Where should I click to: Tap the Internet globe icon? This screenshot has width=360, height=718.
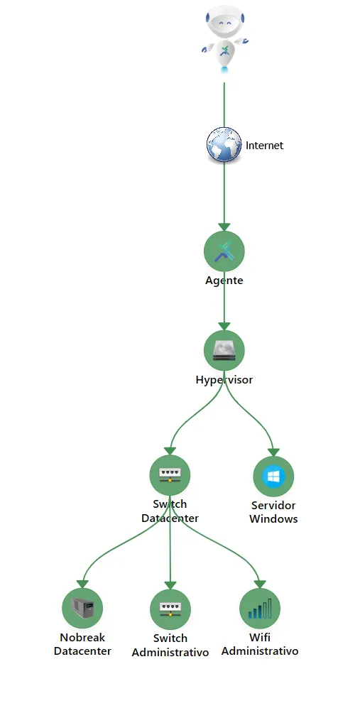(x=224, y=145)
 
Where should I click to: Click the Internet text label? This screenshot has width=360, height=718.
(x=264, y=146)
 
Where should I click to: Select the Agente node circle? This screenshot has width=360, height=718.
(x=224, y=251)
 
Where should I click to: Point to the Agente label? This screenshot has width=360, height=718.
(x=224, y=281)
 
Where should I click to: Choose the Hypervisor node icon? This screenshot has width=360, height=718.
(x=224, y=351)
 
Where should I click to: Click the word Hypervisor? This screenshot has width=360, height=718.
(x=224, y=380)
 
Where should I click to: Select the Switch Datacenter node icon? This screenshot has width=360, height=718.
(x=170, y=475)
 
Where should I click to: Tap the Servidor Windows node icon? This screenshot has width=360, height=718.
(x=273, y=477)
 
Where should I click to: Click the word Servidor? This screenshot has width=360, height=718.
(x=273, y=506)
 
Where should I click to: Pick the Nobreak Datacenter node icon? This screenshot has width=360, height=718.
(x=82, y=608)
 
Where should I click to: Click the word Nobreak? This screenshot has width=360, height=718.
(x=82, y=638)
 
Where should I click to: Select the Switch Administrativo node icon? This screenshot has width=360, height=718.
(x=170, y=609)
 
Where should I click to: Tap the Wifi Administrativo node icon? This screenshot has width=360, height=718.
(x=260, y=608)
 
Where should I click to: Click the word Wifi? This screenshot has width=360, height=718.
(x=260, y=638)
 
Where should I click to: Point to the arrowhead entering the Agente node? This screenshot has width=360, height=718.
(x=224, y=227)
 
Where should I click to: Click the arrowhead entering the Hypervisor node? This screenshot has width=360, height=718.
(x=224, y=326)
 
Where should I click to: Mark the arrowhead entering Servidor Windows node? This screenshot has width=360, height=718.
(x=273, y=452)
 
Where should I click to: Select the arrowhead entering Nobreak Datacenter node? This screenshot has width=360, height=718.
(x=82, y=584)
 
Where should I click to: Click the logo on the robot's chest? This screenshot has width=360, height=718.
(x=224, y=50)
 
